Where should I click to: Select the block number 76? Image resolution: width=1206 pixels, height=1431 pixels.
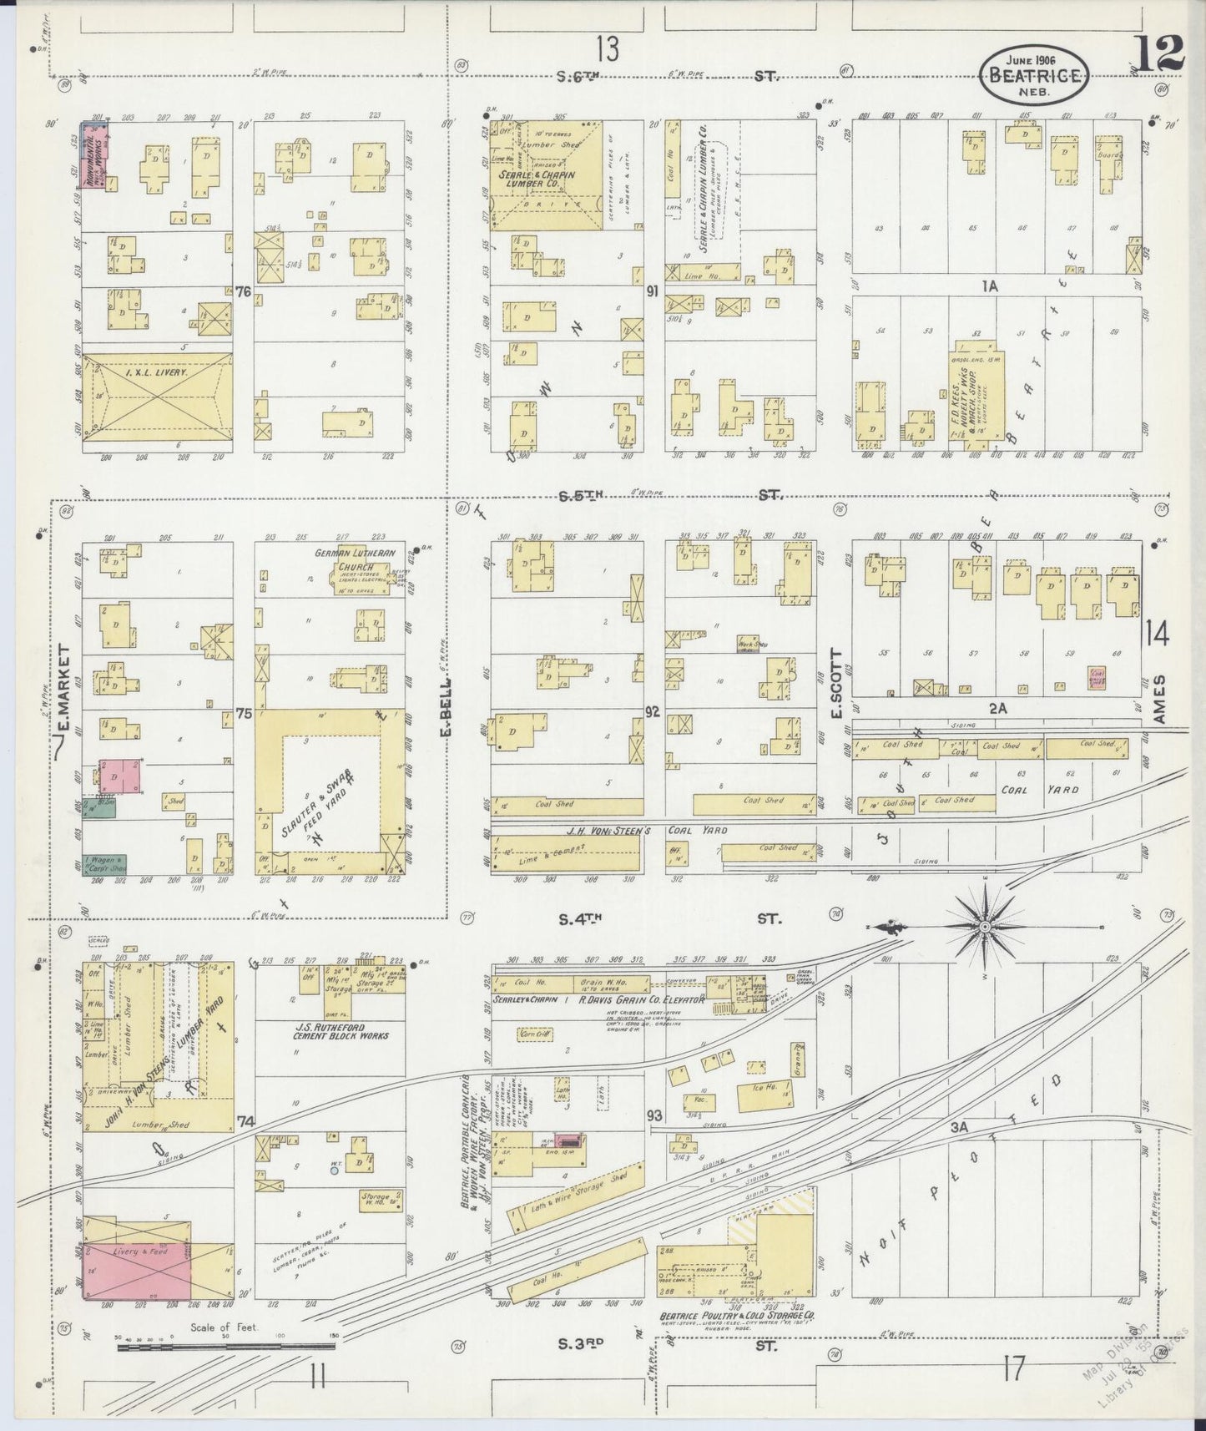pos(243,291)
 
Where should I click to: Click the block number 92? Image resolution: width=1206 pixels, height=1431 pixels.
pos(653,712)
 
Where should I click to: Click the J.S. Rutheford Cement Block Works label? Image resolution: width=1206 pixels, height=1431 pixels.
pos(327,1031)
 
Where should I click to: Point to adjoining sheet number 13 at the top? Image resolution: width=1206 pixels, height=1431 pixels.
pos(608,50)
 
